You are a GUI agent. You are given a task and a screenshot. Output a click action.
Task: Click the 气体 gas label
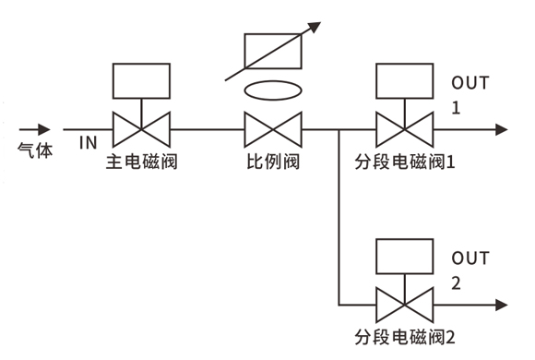pyautogui.click(x=35, y=150)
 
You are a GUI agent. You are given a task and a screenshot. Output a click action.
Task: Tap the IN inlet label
pyautogui.click(x=89, y=143)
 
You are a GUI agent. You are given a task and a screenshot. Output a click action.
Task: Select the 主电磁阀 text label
pyautogui.click(x=142, y=162)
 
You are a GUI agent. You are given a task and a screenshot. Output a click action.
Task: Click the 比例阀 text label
pyautogui.click(x=273, y=162)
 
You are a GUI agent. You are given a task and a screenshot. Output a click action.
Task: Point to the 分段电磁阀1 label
pyautogui.click(x=405, y=162)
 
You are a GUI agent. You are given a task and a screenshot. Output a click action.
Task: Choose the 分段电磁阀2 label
pyautogui.click(x=405, y=337)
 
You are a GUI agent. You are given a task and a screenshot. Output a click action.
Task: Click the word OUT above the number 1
pyautogui.click(x=470, y=83)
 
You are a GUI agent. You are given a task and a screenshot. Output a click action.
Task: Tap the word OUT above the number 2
pyautogui.click(x=470, y=258)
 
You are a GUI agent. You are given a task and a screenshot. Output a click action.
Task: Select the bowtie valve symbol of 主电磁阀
pyautogui.click(x=142, y=129)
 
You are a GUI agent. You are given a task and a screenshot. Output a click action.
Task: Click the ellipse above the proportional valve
pyautogui.click(x=273, y=81)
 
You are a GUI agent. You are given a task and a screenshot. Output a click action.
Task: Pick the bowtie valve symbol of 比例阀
pyautogui.click(x=273, y=129)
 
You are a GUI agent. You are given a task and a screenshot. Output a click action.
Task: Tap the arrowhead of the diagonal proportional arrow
pyautogui.click(x=315, y=27)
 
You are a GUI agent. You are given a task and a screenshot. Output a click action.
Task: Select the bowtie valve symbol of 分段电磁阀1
pyautogui.click(x=405, y=129)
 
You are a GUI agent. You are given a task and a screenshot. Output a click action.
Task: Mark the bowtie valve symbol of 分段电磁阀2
pyautogui.click(x=405, y=305)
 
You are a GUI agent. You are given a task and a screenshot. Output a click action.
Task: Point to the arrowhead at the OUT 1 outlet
pyautogui.click(x=502, y=129)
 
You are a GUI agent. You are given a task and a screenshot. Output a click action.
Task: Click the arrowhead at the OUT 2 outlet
pyautogui.click(x=502, y=305)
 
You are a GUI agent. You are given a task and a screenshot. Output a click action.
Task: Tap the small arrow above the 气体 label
pyautogui.click(x=34, y=129)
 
